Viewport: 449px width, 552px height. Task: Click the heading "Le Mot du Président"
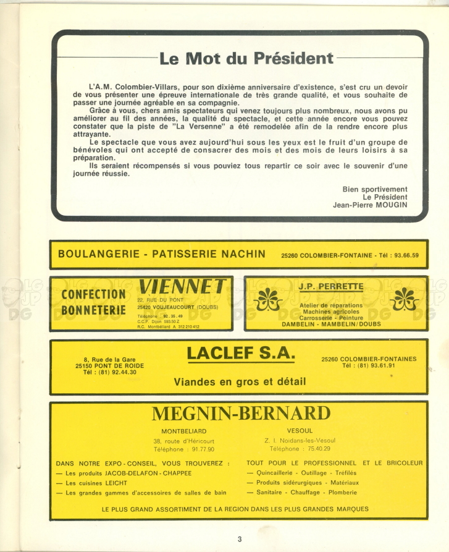(x=246, y=59)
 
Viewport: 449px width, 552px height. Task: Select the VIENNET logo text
(x=182, y=286)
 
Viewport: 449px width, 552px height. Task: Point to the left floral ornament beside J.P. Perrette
(x=269, y=299)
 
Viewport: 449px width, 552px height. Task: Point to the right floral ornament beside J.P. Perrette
(x=404, y=299)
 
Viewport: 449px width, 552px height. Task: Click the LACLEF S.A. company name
(x=241, y=354)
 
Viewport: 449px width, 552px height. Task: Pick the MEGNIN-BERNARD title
(x=241, y=414)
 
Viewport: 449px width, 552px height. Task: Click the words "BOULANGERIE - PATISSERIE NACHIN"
(x=161, y=253)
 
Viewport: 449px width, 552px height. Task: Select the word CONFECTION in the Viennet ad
(x=93, y=294)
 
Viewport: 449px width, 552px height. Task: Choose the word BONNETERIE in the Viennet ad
(x=93, y=309)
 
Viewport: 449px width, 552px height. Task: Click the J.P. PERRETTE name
(x=331, y=286)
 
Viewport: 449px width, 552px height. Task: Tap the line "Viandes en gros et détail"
(x=240, y=381)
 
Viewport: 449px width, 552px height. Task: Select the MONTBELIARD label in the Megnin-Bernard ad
(x=183, y=431)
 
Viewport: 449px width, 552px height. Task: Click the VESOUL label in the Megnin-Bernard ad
(x=300, y=430)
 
